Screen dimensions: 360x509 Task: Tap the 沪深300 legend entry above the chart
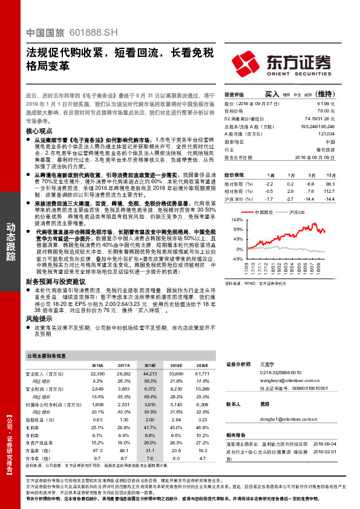click(296, 213)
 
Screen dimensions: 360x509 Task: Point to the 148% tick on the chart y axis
click(236, 219)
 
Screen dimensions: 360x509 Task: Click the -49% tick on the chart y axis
click(237, 258)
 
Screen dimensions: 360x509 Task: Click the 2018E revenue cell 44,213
click(147, 375)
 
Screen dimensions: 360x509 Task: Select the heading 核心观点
click(40, 131)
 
